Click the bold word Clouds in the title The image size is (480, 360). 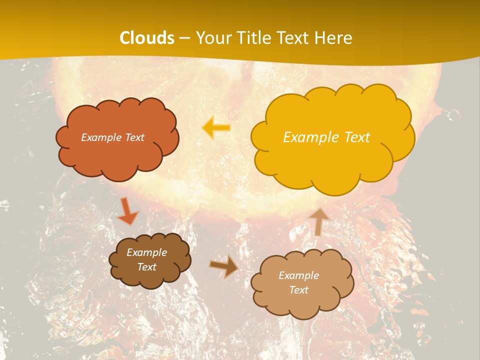point(147,38)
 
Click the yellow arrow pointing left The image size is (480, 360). point(217,127)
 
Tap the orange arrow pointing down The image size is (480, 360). point(127,210)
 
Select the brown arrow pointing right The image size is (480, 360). point(224,266)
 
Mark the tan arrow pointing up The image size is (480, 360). point(318,221)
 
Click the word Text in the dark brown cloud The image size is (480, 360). point(147,267)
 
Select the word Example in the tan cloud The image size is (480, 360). point(298,275)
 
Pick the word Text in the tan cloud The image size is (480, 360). point(298,290)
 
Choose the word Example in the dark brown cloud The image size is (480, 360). point(147,252)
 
